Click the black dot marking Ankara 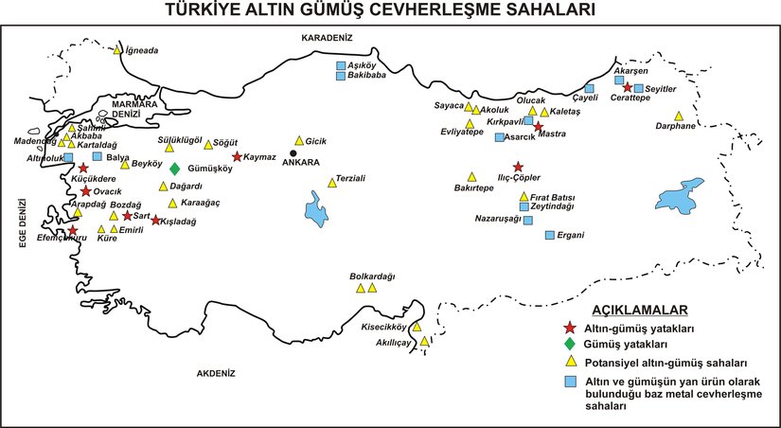(293, 152)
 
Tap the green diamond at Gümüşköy (175, 169)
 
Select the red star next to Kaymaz (237, 157)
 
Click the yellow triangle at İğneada (117, 50)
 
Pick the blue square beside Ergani (549, 235)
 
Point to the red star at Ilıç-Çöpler (517, 167)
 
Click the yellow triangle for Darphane (679, 116)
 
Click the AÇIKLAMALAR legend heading (640, 310)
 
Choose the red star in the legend (570, 328)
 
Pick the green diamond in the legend (570, 344)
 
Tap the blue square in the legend (570, 381)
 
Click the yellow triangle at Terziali (330, 182)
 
